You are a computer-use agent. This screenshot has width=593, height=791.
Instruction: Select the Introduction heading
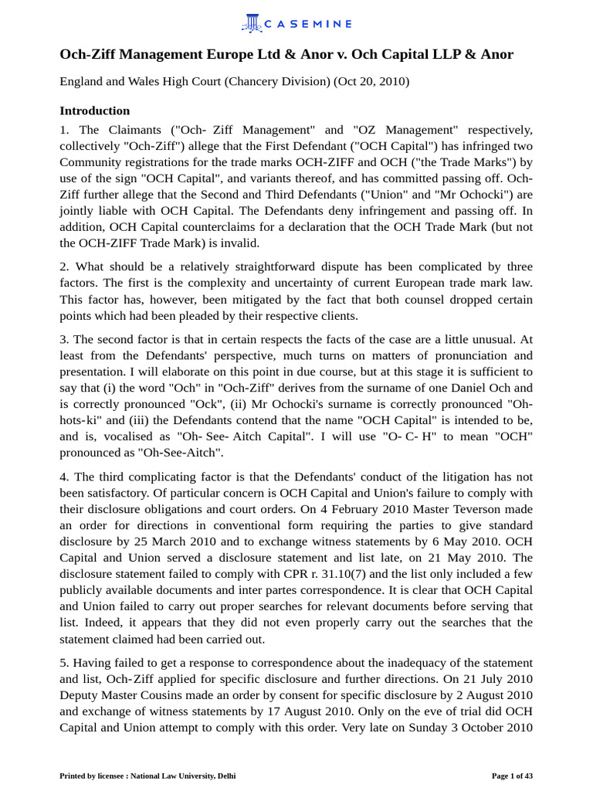click(95, 110)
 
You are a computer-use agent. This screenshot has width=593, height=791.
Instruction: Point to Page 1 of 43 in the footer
click(512, 775)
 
